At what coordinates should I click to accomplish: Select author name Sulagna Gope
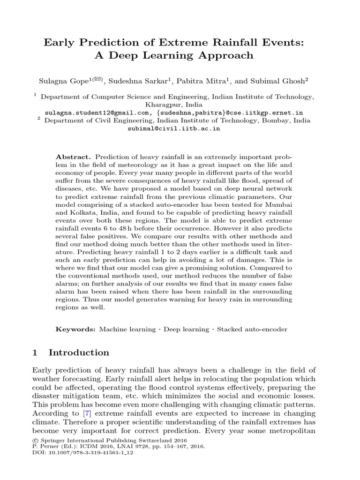click(x=61, y=81)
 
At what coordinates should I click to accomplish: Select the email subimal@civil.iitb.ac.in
click(x=173, y=128)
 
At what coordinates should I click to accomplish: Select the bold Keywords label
click(x=75, y=329)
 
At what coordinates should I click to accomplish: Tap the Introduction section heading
click(x=79, y=352)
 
